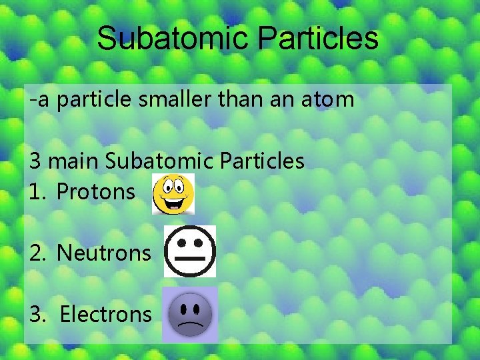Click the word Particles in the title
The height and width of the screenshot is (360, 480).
319,39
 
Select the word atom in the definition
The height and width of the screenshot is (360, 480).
329,100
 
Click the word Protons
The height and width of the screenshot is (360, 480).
95,192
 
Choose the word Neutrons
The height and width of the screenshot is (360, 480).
104,253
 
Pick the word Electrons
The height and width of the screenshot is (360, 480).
105,314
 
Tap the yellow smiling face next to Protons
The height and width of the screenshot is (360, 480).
173,194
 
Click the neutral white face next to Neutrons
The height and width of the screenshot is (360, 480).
190,251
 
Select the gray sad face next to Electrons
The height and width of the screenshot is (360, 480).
189,314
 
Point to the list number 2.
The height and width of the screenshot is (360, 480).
37,253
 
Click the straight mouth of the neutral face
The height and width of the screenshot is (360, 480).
190,257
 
